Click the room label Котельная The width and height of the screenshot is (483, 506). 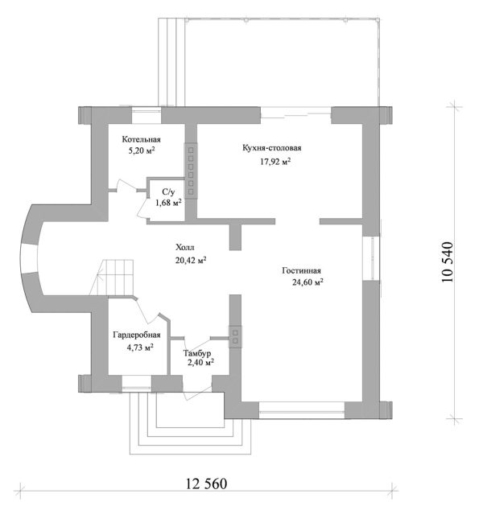pyautogui.click(x=141, y=139)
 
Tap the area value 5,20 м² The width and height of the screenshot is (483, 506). pyautogui.click(x=142, y=150)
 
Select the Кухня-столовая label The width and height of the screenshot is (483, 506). pyautogui.click(x=272, y=148)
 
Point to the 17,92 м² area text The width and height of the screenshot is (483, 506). pyautogui.click(x=275, y=162)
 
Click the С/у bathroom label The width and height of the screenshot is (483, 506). pyautogui.click(x=168, y=192)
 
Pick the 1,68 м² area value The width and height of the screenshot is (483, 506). pyautogui.click(x=168, y=203)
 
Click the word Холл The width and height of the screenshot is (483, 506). pyautogui.click(x=185, y=248)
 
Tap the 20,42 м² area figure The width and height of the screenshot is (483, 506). pyautogui.click(x=191, y=260)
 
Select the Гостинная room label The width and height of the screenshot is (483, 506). pyautogui.click(x=302, y=270)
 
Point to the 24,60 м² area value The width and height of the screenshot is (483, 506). pyautogui.click(x=308, y=282)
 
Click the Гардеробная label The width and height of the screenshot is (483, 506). pyautogui.click(x=137, y=335)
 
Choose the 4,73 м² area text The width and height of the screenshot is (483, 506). pyautogui.click(x=140, y=348)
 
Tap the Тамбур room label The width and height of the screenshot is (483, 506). pyautogui.click(x=197, y=352)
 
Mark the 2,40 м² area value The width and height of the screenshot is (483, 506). pyautogui.click(x=200, y=362)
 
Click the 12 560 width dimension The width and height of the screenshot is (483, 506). pyautogui.click(x=207, y=483)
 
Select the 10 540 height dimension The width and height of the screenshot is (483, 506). pyautogui.click(x=448, y=261)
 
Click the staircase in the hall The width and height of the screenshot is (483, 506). pyautogui.click(x=111, y=277)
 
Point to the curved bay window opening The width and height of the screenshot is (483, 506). pyautogui.click(x=29, y=258)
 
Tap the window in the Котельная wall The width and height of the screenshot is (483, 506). pyautogui.click(x=147, y=115)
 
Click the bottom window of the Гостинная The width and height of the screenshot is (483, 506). pyautogui.click(x=302, y=410)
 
